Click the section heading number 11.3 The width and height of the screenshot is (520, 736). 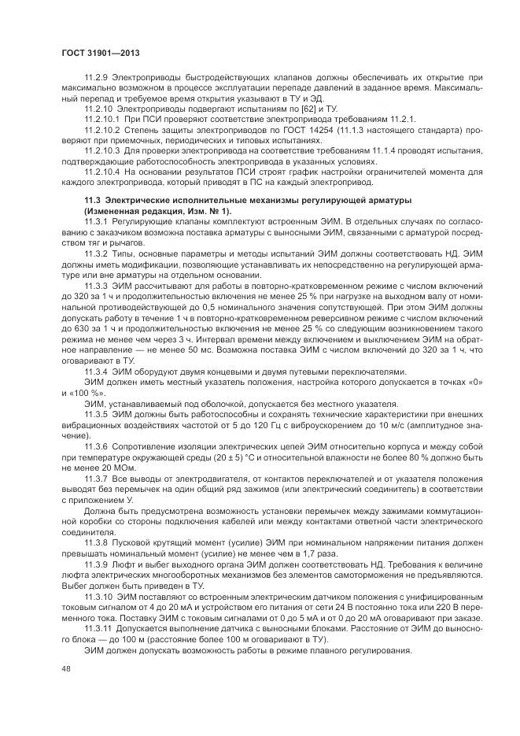pyautogui.click(x=93, y=202)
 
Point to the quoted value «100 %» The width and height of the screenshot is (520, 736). pyautogui.click(x=87, y=391)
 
